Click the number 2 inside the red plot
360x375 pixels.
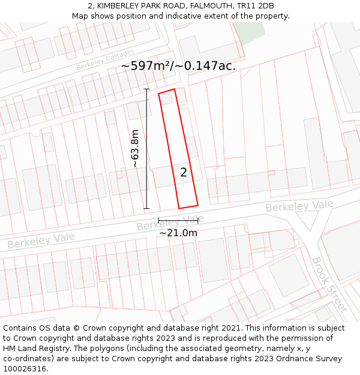click(184, 173)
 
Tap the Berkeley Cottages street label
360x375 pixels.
click(105, 60)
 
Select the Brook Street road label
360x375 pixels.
click(329, 285)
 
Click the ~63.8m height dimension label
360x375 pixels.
click(136, 148)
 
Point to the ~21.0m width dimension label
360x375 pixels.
click(178, 233)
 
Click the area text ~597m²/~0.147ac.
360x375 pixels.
click(178, 66)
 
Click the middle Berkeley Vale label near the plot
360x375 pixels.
click(170, 223)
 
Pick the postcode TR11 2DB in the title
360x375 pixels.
click(254, 6)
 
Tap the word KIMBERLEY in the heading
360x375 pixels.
click(119, 6)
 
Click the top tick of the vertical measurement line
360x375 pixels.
click(147, 89)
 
